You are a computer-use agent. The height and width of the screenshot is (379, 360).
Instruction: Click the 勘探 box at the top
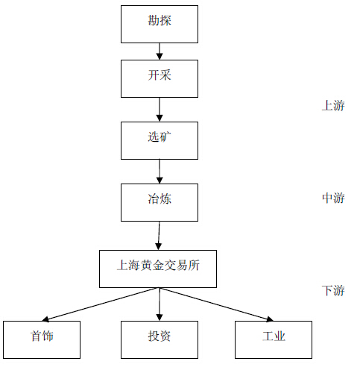pyautogui.click(x=160, y=24)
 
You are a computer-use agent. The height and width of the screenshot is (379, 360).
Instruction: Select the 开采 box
pyautogui.click(x=160, y=78)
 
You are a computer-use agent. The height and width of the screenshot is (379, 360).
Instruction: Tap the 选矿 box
pyautogui.click(x=160, y=140)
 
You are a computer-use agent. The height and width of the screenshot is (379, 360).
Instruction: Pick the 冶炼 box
pyautogui.click(x=160, y=202)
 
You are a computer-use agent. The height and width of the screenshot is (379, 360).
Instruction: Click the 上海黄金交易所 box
pyautogui.click(x=158, y=269)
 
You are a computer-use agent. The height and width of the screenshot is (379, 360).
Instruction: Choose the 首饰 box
pyautogui.click(x=42, y=339)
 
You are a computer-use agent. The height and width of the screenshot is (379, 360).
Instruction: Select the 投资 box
pyautogui.click(x=160, y=339)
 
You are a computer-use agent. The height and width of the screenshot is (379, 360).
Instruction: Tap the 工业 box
pyautogui.click(x=274, y=339)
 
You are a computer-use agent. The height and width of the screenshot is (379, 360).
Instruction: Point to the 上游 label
pyautogui.click(x=333, y=105)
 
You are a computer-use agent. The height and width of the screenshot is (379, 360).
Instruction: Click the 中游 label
pyautogui.click(x=333, y=198)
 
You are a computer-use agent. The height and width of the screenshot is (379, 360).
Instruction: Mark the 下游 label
pyautogui.click(x=333, y=290)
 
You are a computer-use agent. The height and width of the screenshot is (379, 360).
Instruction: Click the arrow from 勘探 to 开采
pyautogui.click(x=160, y=51)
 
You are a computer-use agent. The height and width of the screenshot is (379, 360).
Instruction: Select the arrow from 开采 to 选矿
pyautogui.click(x=160, y=110)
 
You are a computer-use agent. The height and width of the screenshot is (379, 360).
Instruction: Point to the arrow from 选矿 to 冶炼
pyautogui.click(x=160, y=172)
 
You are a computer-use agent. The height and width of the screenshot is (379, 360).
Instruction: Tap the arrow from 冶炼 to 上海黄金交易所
pyautogui.click(x=159, y=236)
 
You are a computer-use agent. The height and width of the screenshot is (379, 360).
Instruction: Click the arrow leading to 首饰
pyautogui.click(x=101, y=304)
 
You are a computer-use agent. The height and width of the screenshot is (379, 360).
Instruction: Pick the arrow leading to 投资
pyautogui.click(x=160, y=304)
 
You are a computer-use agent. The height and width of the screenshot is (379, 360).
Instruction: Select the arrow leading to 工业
pyautogui.click(x=216, y=304)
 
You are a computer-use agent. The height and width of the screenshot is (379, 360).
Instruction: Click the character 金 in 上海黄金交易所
pyautogui.click(x=158, y=266)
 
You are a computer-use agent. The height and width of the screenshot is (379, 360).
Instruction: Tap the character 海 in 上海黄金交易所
pyautogui.click(x=134, y=266)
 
